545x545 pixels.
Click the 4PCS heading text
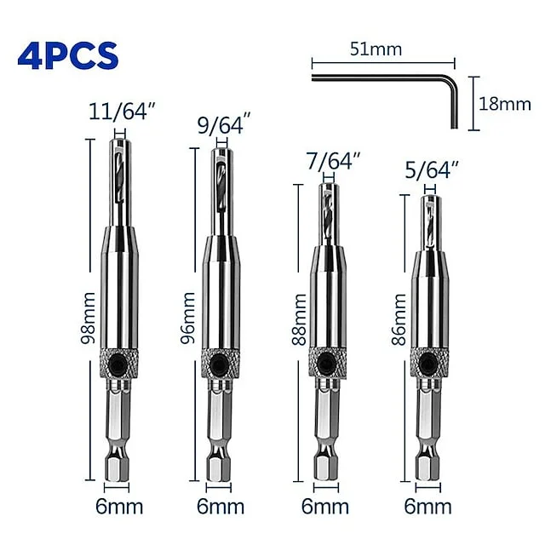point(68,56)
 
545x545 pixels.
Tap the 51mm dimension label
point(376,49)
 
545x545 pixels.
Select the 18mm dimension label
point(505,104)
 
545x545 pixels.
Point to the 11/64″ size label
point(121,112)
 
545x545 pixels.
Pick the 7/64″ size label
point(332,161)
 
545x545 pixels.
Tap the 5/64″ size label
point(432,169)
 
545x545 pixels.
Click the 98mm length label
point(88,318)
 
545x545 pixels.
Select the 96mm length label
point(187,318)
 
